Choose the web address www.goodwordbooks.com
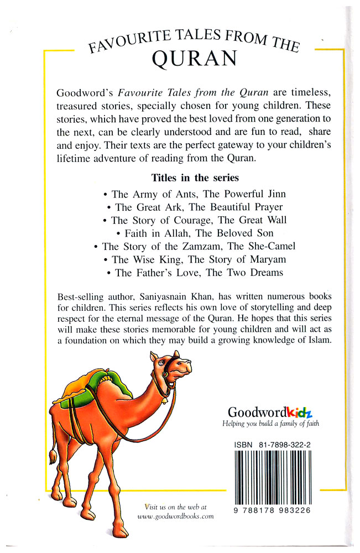175,516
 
